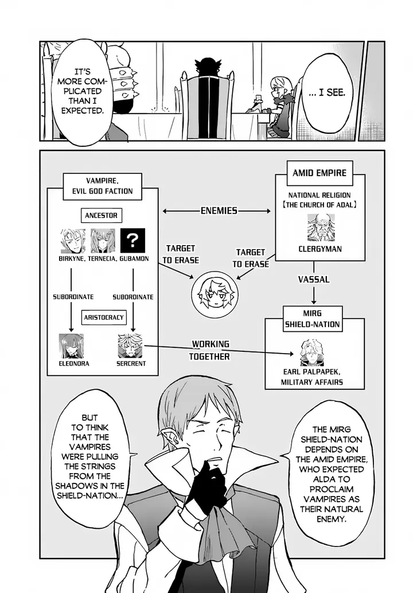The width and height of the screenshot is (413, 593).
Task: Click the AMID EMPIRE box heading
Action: tap(319, 173)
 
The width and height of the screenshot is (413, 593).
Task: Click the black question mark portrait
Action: tap(133, 241)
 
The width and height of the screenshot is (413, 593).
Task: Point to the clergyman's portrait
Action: tap(320, 227)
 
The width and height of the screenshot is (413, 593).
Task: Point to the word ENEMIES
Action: tap(219, 211)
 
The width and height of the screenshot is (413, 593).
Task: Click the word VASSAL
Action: tap(313, 279)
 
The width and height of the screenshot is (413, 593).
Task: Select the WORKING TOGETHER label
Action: tap(211, 350)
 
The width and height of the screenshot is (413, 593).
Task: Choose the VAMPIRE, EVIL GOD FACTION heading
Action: tap(103, 185)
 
